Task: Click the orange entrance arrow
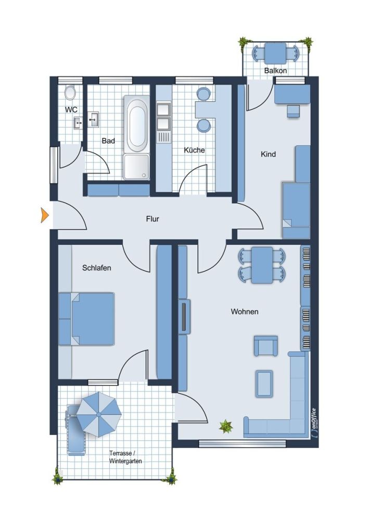point(44,215)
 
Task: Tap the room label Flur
point(153,219)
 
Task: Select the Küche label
point(194,150)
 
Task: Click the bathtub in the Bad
point(137,124)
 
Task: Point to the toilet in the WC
point(70,93)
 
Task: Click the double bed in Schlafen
point(86,319)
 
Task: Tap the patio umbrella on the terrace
point(98,414)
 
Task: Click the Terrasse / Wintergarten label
point(125,457)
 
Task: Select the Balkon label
point(275,70)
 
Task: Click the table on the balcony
point(275,53)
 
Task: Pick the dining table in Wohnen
point(262,265)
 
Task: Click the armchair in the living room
point(265,345)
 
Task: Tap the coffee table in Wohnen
point(264,383)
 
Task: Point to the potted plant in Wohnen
point(226,426)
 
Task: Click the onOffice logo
point(313,424)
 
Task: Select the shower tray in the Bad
point(136,167)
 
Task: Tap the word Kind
point(268,154)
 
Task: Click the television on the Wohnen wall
point(184,316)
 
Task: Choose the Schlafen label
point(97,268)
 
